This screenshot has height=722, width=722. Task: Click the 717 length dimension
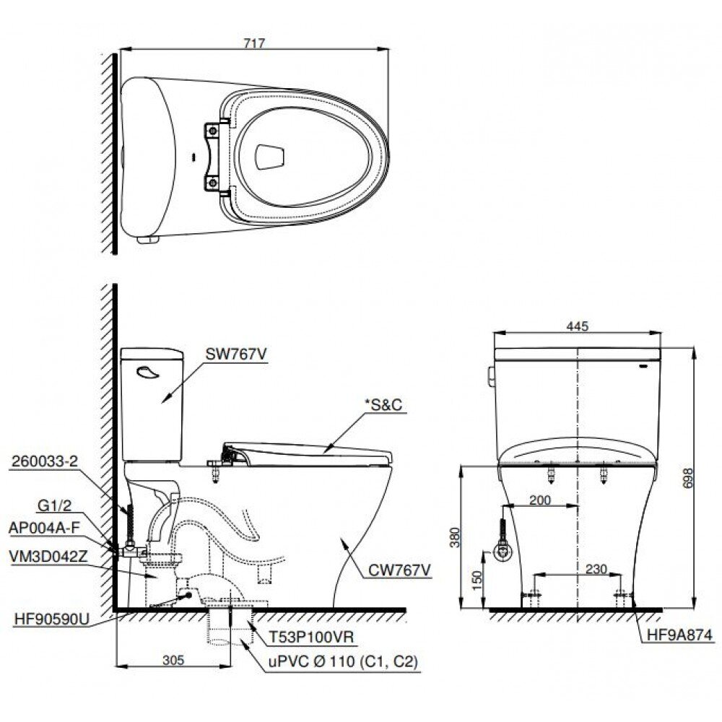pos(253,43)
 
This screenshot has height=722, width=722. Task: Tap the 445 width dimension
pos(578,326)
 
